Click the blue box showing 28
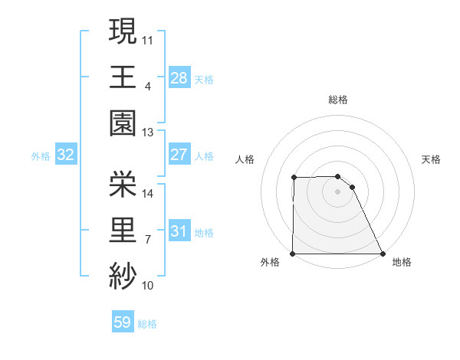[x=179, y=77]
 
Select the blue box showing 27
[x=179, y=155]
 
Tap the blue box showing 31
[x=179, y=231]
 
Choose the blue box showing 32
[x=66, y=155]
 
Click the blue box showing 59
[x=123, y=322]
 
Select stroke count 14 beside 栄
[x=148, y=194]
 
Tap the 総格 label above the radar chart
[x=338, y=100]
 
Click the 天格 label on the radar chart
[x=432, y=159]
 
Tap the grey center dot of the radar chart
[x=338, y=191]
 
